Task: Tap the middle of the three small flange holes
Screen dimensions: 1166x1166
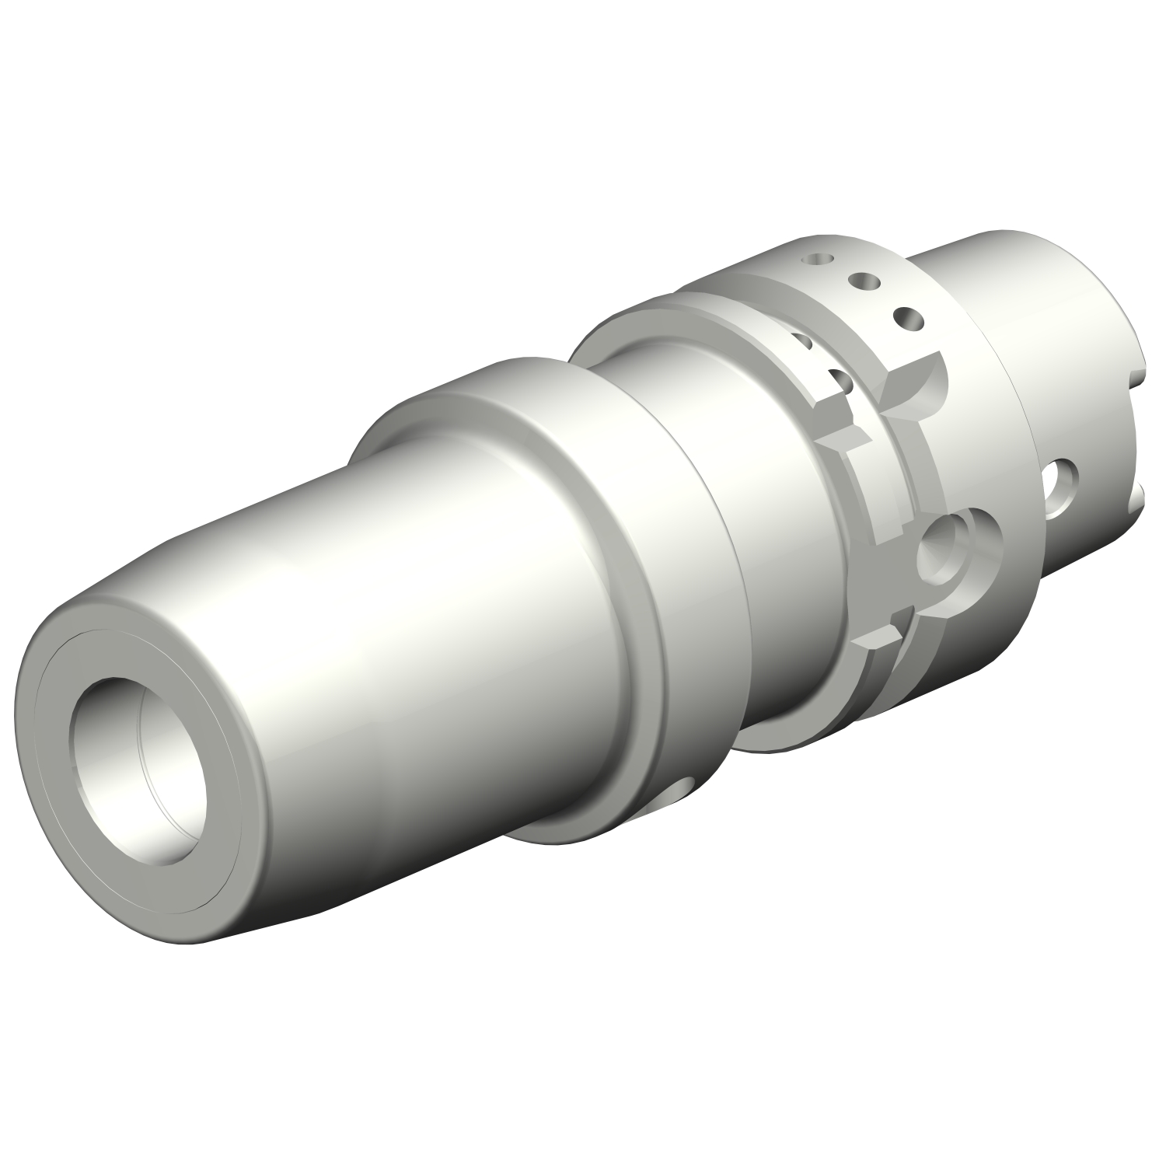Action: point(861,279)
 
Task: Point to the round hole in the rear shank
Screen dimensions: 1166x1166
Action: point(1063,486)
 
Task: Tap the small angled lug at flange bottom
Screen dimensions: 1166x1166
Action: point(874,641)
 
